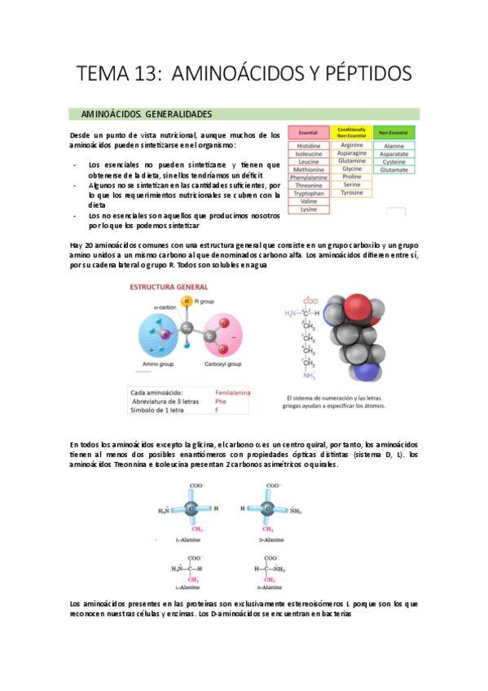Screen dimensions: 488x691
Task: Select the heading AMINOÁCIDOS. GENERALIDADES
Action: tap(146, 114)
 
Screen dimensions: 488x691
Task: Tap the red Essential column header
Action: tap(308, 132)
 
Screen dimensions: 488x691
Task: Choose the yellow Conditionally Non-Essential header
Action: tap(351, 132)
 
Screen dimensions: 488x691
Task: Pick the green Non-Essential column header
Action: tap(394, 132)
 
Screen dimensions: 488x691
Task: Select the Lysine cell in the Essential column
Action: tap(308, 209)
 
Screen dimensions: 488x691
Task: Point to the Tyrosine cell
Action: tap(351, 193)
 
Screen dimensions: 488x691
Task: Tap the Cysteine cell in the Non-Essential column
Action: tap(394, 161)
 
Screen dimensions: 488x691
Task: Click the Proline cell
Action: tap(351, 177)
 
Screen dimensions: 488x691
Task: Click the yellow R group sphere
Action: tap(187, 302)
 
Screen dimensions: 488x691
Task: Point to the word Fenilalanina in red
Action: tap(232, 393)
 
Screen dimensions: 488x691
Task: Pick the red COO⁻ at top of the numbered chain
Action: tap(310, 300)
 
